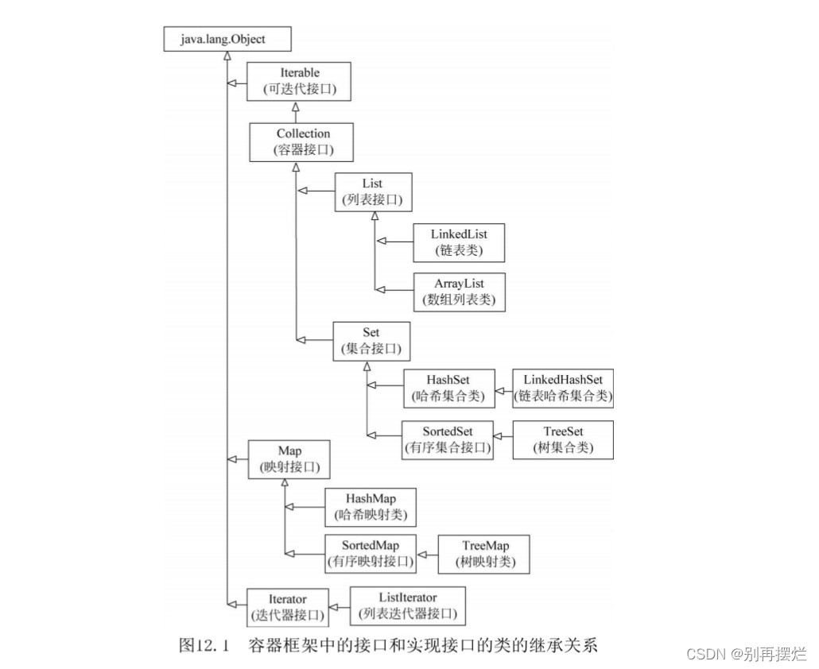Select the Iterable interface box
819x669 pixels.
coord(298,81)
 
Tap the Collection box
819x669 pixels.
coord(303,141)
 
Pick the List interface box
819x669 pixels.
coord(372,191)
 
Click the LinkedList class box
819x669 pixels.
coord(459,242)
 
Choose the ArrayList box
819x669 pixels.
coord(459,291)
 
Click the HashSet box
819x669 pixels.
coord(448,388)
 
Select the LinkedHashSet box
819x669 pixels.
coord(563,388)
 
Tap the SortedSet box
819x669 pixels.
coord(447,439)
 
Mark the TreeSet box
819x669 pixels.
coord(564,439)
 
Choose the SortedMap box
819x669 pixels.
coord(370,553)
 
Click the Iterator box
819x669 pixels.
coord(286,607)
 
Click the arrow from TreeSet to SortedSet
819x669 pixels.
coord(504,436)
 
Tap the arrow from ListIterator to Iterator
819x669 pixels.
coord(339,606)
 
